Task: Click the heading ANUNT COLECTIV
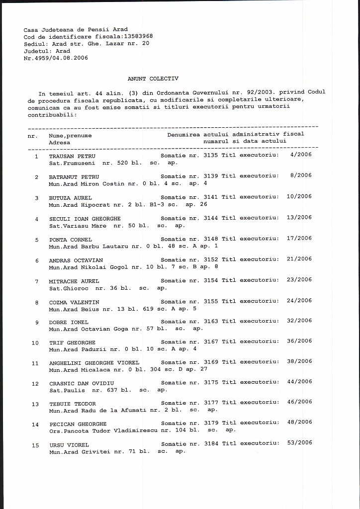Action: click(153, 79)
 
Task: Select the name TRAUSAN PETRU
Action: click(72, 156)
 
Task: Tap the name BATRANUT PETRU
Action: click(74, 176)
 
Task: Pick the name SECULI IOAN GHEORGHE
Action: click(85, 219)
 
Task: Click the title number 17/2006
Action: click(299, 238)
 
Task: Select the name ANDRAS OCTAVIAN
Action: click(76, 260)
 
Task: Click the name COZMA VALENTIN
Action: click(74, 302)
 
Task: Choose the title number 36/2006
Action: click(299, 341)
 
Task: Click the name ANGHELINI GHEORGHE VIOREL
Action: click(94, 363)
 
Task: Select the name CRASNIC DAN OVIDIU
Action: click(82, 383)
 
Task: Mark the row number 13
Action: click(35, 404)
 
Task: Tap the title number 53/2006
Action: click(299, 442)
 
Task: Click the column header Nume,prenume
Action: click(70, 135)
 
